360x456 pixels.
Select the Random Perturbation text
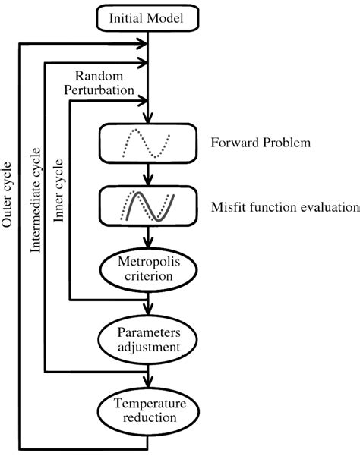(104, 83)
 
